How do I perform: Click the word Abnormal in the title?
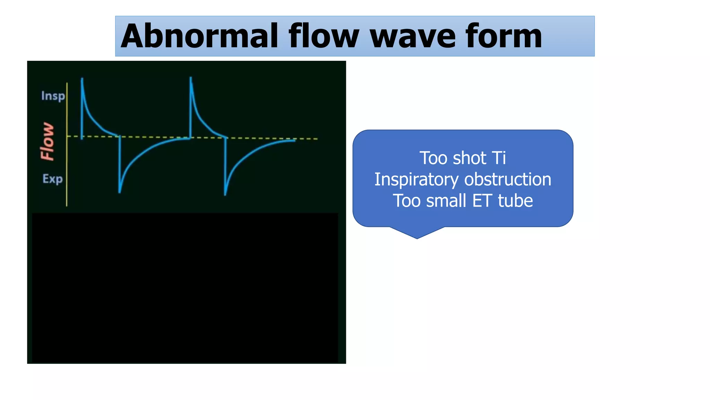[199, 36]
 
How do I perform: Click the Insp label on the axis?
[53, 96]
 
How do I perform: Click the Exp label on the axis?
[52, 179]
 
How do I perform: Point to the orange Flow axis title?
[47, 141]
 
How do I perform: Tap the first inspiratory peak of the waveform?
[82, 80]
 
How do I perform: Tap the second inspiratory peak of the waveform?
[191, 78]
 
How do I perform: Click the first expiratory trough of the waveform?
[120, 192]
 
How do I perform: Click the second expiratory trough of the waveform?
[225, 194]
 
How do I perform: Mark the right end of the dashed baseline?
[317, 139]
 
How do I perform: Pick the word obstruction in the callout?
[508, 180]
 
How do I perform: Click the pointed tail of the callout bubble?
[417, 237]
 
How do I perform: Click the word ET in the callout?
[482, 201]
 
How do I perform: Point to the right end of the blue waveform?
[295, 140]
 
